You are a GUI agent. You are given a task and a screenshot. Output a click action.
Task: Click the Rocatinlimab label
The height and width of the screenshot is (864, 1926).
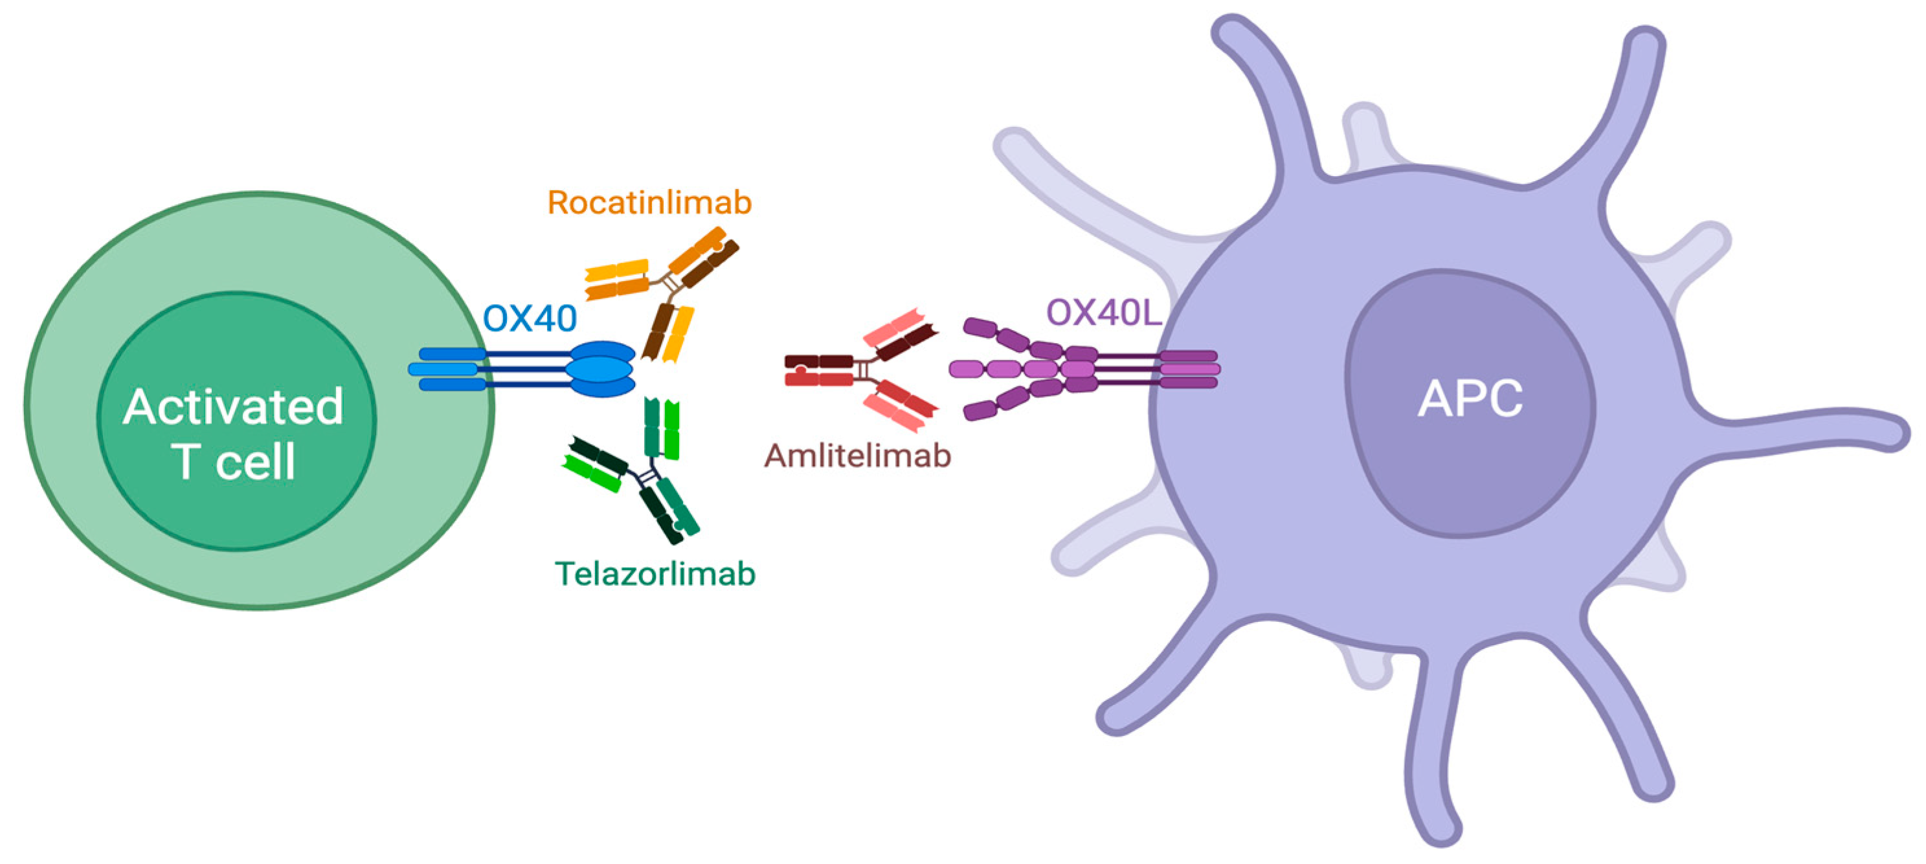pyautogui.click(x=649, y=203)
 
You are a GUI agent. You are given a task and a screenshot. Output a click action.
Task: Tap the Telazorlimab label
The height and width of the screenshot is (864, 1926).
pyautogui.click(x=655, y=574)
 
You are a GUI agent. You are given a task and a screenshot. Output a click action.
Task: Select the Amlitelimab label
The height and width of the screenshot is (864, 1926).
pyautogui.click(x=857, y=456)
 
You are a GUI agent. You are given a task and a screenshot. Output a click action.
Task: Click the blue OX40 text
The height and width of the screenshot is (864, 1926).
pyautogui.click(x=530, y=319)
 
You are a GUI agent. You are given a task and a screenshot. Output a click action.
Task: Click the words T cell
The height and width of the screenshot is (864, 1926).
pyautogui.click(x=233, y=461)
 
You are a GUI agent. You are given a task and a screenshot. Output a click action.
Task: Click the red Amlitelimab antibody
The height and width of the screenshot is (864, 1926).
pyautogui.click(x=860, y=371)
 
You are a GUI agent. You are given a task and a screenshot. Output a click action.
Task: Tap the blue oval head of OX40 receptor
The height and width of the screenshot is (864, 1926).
pyautogui.click(x=600, y=369)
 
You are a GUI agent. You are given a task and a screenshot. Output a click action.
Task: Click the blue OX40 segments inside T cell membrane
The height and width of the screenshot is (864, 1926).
pyautogui.click(x=446, y=369)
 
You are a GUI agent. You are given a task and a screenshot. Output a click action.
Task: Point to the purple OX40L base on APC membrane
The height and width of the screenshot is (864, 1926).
pyautogui.click(x=1189, y=369)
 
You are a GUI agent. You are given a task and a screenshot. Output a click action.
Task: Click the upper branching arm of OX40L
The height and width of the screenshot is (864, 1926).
pyautogui.click(x=1009, y=340)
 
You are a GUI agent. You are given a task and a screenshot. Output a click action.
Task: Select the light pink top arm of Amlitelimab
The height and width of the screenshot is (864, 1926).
pyautogui.click(x=893, y=327)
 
